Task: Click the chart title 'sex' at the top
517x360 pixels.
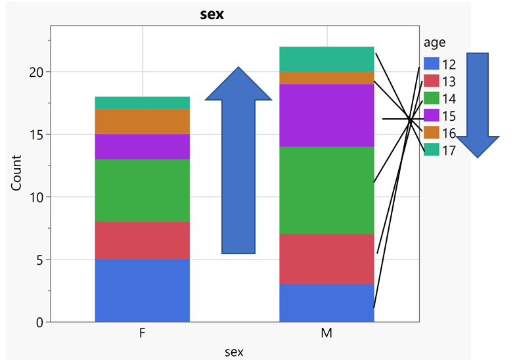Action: [x=212, y=14]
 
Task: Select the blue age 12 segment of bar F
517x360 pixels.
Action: [x=143, y=290]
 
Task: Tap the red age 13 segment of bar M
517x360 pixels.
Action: [x=326, y=259]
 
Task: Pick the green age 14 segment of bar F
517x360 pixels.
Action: [x=143, y=191]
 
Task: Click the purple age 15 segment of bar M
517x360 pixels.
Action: [x=326, y=115]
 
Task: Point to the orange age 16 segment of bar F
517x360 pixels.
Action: [x=143, y=122]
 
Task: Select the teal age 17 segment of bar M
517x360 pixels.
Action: [x=326, y=59]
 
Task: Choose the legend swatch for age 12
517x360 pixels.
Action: [x=431, y=64]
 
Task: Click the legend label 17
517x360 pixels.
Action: [x=449, y=150]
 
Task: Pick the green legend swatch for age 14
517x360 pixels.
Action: [x=431, y=99]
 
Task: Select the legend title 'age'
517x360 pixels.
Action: [x=434, y=43]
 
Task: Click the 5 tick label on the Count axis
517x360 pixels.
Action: [x=39, y=259]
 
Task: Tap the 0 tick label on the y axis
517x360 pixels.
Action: [x=39, y=323]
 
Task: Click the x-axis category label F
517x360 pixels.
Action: [x=143, y=334]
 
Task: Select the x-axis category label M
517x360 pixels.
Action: [x=326, y=334]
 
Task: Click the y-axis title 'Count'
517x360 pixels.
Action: [x=17, y=173]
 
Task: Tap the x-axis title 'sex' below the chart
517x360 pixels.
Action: [x=234, y=352]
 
